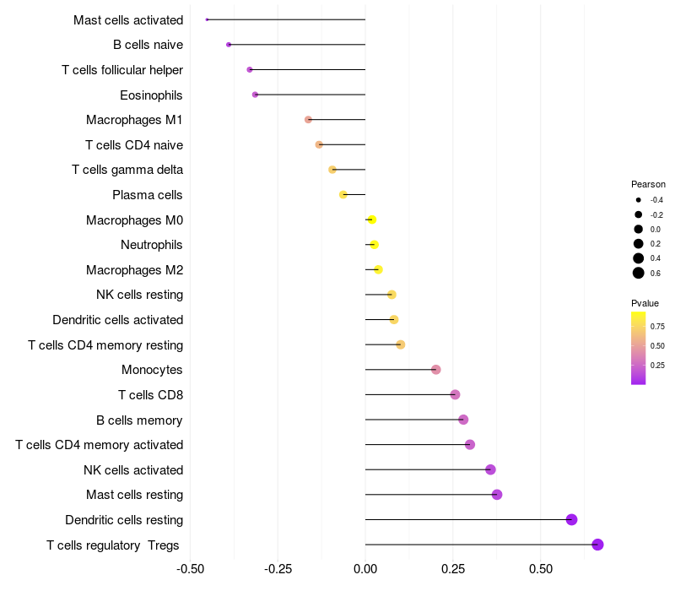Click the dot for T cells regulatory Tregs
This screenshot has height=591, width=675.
[597, 545]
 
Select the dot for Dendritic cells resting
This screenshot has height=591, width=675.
[571, 519]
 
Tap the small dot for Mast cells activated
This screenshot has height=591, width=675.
[207, 19]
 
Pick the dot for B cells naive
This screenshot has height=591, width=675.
[229, 45]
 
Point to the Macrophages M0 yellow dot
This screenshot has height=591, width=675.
[371, 220]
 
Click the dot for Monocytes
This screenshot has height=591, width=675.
[435, 370]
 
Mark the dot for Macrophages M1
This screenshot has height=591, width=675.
[308, 120]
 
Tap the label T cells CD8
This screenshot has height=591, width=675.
[150, 394]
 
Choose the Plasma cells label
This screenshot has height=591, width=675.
[148, 195]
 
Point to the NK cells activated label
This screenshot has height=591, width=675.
[133, 469]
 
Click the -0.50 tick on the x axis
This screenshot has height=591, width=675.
[191, 569]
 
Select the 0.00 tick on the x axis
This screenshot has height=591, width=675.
[365, 569]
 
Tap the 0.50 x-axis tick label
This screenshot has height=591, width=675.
[540, 569]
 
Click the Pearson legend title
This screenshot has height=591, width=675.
[648, 184]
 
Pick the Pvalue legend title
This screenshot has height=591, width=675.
[645, 303]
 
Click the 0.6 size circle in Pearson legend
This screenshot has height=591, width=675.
[639, 273]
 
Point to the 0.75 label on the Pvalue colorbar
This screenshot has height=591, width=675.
[657, 326]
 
